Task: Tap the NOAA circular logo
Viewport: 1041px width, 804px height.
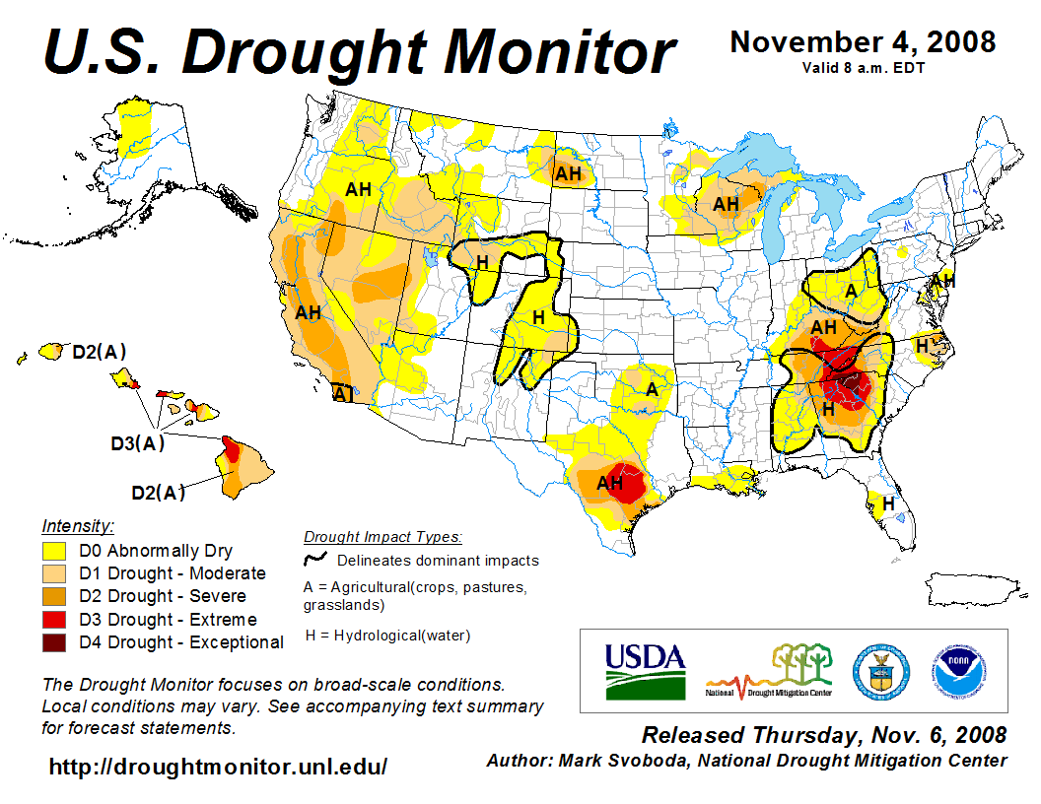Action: pos(956,671)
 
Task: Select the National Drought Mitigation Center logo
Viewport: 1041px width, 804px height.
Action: pos(770,671)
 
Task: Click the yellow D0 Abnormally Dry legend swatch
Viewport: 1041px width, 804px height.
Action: pos(54,551)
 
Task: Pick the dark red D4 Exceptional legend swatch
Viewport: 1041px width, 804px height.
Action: pos(54,642)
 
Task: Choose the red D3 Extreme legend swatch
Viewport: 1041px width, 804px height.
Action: pos(54,620)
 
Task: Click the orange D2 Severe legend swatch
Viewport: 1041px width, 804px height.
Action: pos(54,596)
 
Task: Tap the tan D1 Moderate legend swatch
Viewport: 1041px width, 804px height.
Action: pos(54,573)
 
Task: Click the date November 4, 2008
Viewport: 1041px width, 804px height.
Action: pos(862,42)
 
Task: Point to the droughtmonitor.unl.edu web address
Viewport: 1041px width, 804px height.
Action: pos(218,767)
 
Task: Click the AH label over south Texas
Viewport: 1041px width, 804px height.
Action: pos(610,483)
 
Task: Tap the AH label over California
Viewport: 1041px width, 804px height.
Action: pos(309,313)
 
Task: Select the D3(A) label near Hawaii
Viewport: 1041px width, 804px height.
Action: pos(137,443)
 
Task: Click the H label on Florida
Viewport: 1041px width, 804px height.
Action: pos(888,503)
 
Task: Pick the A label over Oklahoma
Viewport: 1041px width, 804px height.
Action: pos(651,389)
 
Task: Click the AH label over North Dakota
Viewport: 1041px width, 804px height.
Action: pos(568,174)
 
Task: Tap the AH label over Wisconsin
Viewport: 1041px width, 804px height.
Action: pos(726,204)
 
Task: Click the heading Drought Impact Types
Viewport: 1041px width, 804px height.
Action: pos(382,537)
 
